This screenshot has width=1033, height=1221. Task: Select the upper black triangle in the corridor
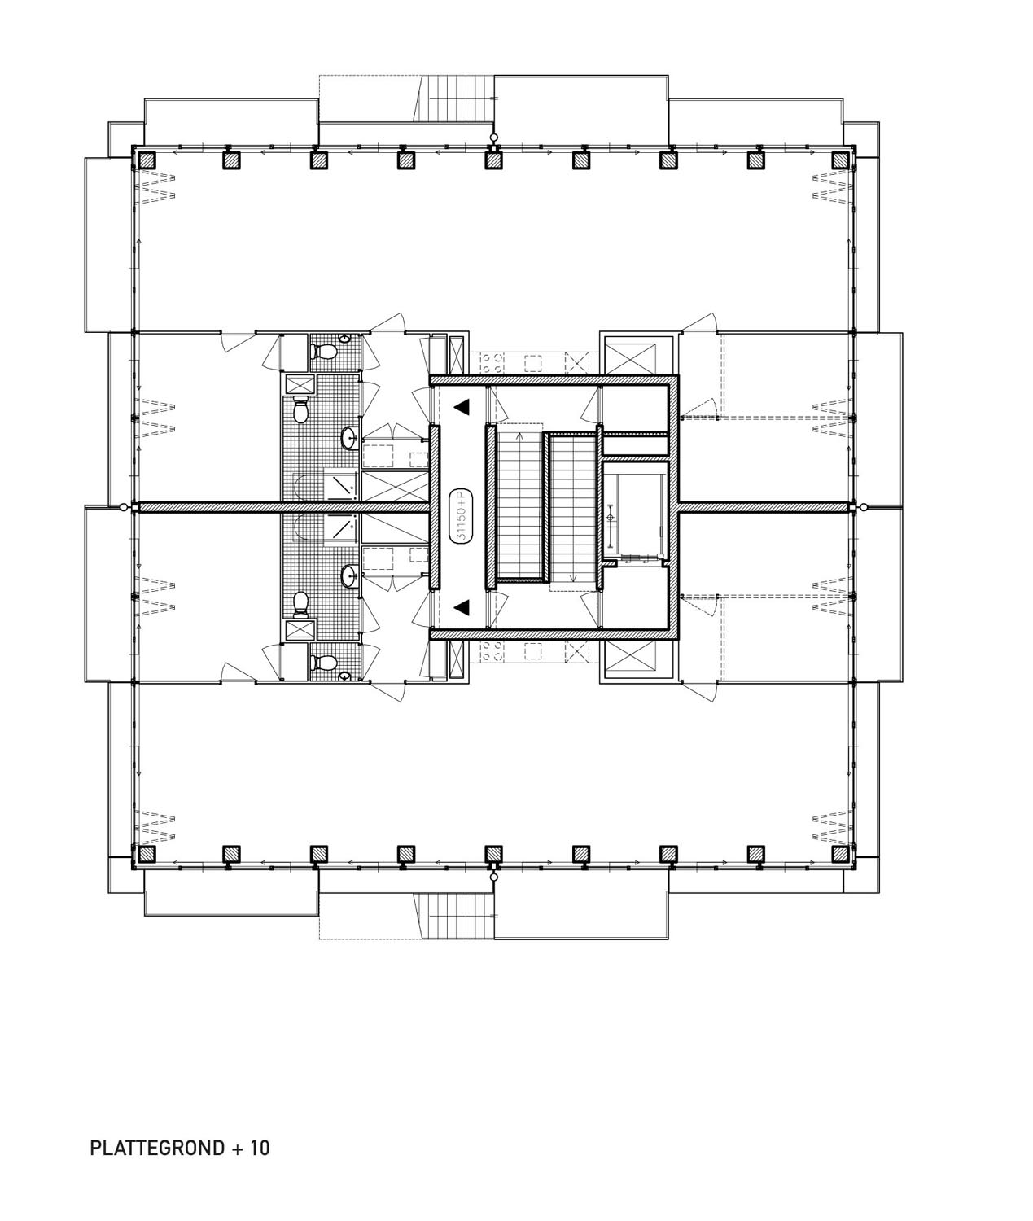[462, 406]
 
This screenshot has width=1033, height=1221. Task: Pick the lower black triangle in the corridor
[462, 606]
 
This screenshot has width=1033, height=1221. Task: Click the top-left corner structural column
[146, 160]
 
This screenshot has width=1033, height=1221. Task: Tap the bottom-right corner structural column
[840, 854]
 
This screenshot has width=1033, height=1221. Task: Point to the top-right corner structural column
[840, 160]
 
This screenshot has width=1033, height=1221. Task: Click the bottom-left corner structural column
[146, 854]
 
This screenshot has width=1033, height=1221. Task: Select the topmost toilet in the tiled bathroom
[324, 352]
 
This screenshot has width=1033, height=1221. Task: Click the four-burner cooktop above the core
[492, 361]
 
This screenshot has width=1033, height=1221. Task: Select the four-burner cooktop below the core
[492, 651]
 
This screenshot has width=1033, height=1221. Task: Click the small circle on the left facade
[124, 507]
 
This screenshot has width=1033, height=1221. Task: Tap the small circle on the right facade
[863, 507]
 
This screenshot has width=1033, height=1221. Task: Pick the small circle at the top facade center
[494, 137]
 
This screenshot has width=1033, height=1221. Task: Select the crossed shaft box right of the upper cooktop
[577, 361]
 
